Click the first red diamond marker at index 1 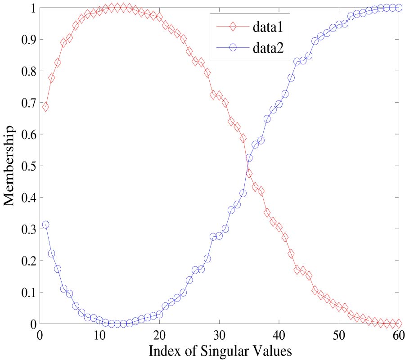pos(45,107)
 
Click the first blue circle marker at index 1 pos(45,225)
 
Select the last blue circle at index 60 pos(399,8)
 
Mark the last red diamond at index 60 pos(399,323)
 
